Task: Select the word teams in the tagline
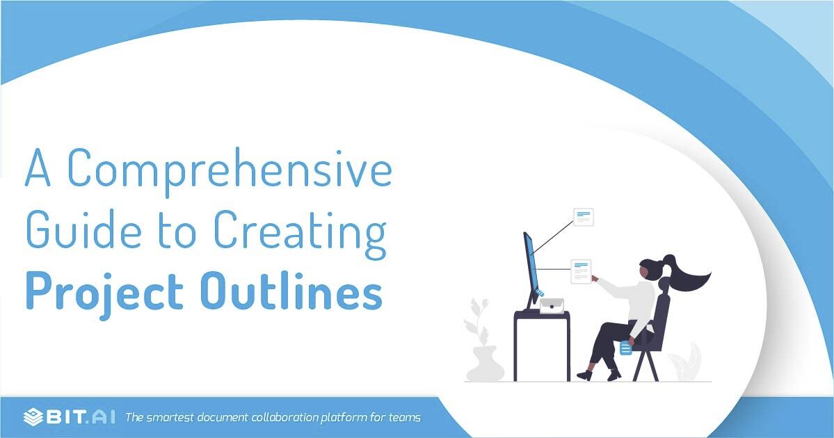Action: (403, 418)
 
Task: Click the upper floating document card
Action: (583, 216)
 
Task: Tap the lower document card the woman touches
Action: (581, 270)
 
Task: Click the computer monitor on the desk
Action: (531, 268)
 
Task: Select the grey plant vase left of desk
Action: (484, 363)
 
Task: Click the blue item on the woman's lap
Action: (625, 347)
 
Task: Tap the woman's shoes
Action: (598, 375)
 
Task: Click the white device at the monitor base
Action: (551, 306)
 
